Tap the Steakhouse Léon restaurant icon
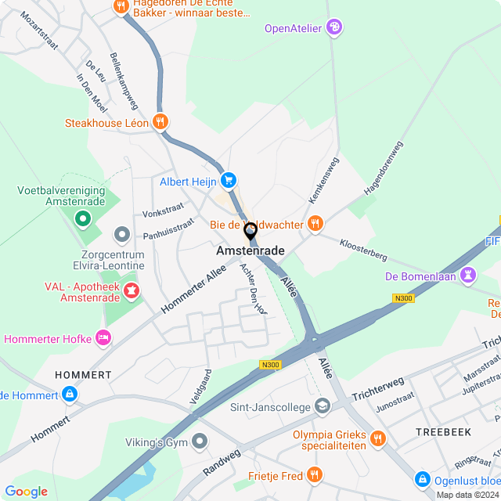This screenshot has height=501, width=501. (x=160, y=122)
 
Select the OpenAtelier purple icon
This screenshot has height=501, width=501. (x=334, y=28)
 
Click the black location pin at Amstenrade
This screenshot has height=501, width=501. (x=250, y=232)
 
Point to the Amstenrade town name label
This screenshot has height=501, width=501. (x=250, y=250)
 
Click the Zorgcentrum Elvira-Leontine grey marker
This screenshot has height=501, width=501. (x=121, y=234)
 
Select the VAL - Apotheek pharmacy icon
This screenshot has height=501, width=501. (x=131, y=293)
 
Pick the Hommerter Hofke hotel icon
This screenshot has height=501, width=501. (x=102, y=338)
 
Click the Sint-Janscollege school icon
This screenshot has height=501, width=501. (x=322, y=406)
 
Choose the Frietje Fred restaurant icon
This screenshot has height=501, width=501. (x=314, y=475)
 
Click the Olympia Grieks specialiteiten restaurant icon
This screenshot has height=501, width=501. (x=379, y=438)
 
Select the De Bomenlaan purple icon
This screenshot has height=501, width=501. (x=468, y=276)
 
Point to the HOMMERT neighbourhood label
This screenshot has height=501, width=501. (x=83, y=375)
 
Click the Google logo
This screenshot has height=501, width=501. (x=26, y=492)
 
